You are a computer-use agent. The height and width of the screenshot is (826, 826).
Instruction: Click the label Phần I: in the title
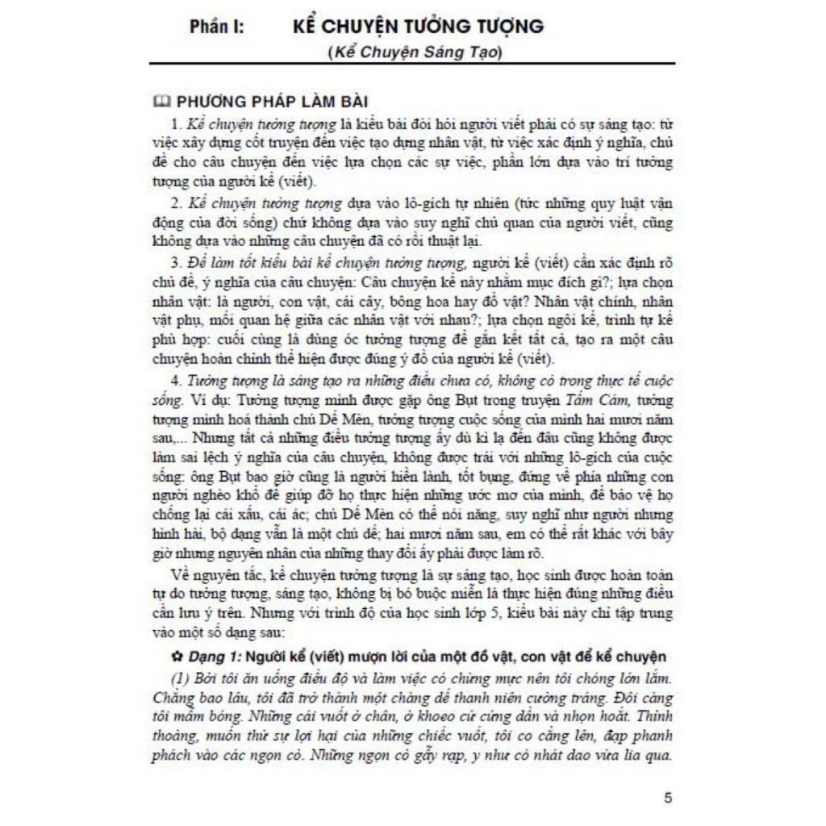[x=218, y=26]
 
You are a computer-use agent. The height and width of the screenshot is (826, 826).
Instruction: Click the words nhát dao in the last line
[x=580, y=757]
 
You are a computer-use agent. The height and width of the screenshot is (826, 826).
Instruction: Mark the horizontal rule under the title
[x=411, y=63]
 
